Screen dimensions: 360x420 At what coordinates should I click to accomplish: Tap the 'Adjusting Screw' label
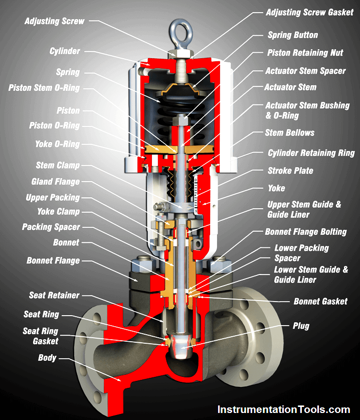click(54, 21)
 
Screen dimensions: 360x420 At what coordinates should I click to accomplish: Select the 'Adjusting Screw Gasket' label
click(310, 13)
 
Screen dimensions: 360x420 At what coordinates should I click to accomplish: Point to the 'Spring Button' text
click(293, 35)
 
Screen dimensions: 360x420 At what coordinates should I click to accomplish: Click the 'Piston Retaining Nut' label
click(305, 53)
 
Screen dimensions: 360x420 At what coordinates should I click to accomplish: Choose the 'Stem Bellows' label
click(290, 132)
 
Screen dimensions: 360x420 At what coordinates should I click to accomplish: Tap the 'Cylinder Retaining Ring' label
click(311, 153)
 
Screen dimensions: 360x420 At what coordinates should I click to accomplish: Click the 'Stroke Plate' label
click(290, 171)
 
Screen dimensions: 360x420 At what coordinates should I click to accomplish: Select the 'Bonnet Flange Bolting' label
click(306, 232)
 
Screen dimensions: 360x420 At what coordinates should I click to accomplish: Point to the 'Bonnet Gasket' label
click(320, 302)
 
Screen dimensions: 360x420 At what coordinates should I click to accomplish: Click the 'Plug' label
click(301, 326)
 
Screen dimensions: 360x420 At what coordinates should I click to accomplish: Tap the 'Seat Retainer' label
click(54, 295)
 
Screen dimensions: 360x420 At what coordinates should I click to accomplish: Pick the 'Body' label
click(47, 358)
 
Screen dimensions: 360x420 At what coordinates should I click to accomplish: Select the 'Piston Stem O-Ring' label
click(44, 88)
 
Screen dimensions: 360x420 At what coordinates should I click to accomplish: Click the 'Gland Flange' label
click(56, 182)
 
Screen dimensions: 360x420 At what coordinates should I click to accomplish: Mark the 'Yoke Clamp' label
click(58, 212)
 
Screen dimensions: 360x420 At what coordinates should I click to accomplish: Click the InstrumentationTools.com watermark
click(284, 409)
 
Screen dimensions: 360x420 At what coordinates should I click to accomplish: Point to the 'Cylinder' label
click(65, 51)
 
